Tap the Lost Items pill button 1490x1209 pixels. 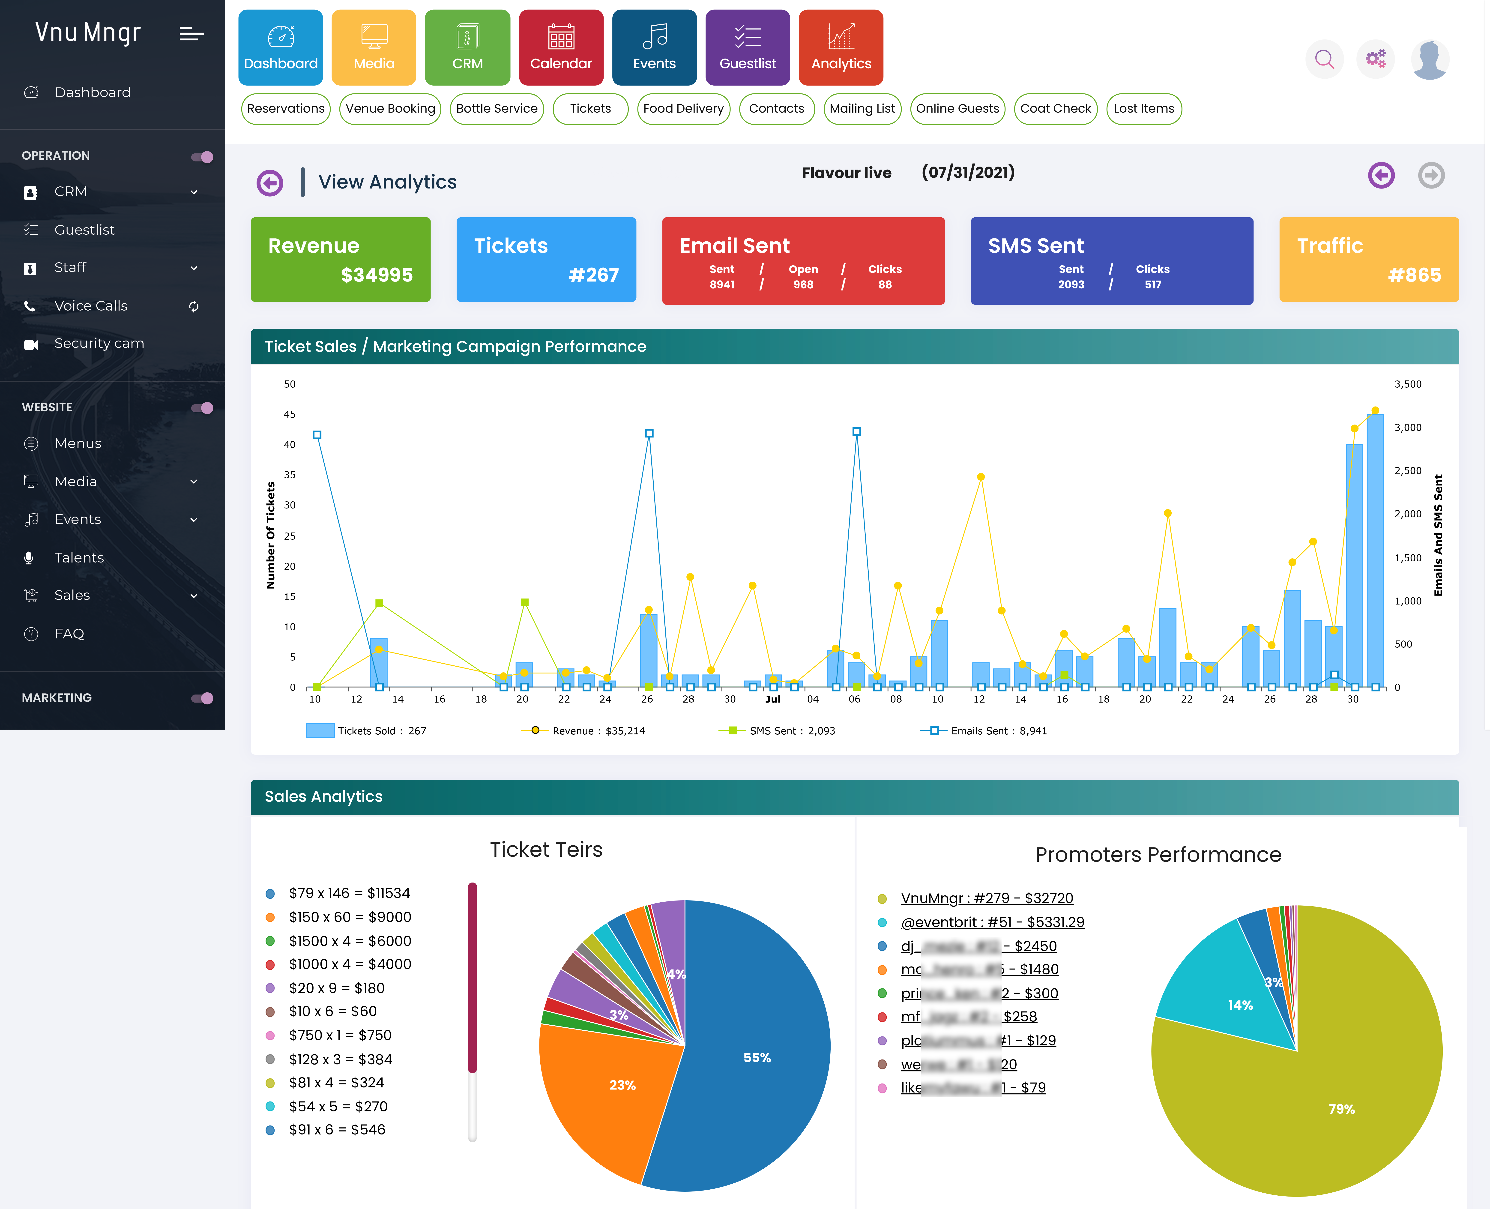point(1143,109)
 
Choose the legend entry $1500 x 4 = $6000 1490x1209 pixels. point(350,941)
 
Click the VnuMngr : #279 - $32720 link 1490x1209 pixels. point(987,898)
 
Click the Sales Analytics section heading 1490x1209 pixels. point(324,797)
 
